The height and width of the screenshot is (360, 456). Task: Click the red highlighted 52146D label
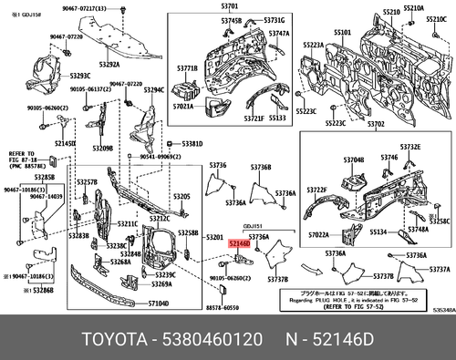(x=238, y=244)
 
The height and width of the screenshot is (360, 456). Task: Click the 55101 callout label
(x=343, y=32)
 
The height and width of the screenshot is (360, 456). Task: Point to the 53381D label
(x=192, y=144)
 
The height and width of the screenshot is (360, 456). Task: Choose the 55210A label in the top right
(x=413, y=7)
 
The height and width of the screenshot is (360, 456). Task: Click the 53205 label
(x=182, y=196)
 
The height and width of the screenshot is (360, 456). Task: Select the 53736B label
(x=261, y=168)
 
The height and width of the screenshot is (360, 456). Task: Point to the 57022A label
(x=319, y=235)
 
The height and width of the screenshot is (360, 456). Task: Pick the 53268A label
(x=124, y=262)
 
